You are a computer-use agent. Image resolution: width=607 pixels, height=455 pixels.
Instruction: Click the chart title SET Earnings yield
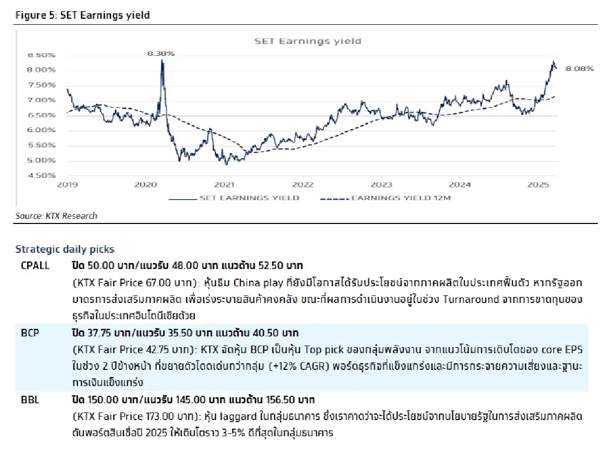(308, 41)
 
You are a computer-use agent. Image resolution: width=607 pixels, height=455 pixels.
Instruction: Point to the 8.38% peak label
(161, 53)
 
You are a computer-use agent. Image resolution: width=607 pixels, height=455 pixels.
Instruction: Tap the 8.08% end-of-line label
(580, 68)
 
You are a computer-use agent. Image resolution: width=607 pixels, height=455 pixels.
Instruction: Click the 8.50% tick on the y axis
(41, 55)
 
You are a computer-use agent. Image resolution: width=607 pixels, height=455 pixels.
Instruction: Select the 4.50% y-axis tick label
(41, 175)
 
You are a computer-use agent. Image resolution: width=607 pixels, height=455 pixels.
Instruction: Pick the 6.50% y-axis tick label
(41, 115)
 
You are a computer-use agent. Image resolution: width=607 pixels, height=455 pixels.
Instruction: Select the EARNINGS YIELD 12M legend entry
(400, 198)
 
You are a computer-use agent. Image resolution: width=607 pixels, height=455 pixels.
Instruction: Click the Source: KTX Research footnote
(56, 216)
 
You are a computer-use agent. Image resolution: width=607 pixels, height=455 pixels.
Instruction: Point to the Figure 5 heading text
(82, 15)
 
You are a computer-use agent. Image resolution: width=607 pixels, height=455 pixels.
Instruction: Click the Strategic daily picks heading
(65, 249)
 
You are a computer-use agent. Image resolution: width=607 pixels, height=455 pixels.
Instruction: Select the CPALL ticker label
(35, 265)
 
